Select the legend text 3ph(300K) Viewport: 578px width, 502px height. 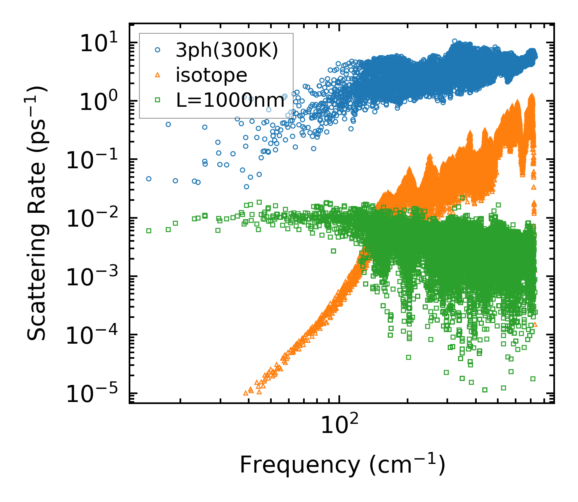tap(227, 50)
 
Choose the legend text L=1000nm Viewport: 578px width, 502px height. tap(230, 101)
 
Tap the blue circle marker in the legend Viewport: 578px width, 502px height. tap(157, 50)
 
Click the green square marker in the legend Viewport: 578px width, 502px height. tap(157, 100)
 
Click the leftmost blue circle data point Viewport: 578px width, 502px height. tap(149, 179)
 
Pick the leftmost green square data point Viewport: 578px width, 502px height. tap(149, 231)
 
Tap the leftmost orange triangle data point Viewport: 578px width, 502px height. tap(246, 393)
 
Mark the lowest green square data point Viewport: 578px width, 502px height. tap(485, 390)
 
